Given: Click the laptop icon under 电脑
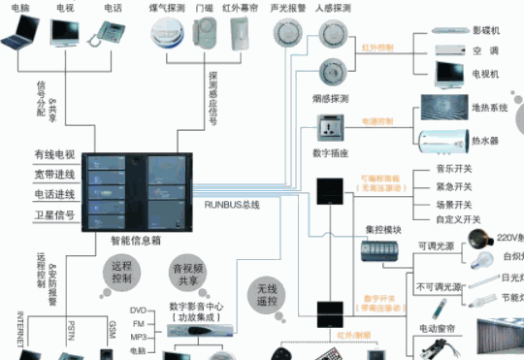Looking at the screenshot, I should [x=23, y=38].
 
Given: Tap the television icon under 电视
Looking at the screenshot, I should [x=66, y=36].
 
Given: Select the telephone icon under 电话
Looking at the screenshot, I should [x=109, y=36].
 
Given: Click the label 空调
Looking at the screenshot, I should [x=482, y=49].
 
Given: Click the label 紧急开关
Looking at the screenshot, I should [x=458, y=186].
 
